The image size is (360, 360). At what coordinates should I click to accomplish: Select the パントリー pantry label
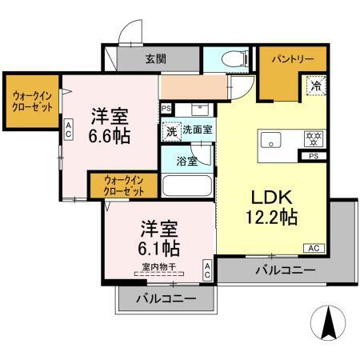pyautogui.click(x=291, y=59)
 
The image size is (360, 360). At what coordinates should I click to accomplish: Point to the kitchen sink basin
pyautogui.click(x=270, y=141)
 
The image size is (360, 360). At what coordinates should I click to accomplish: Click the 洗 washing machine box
pyautogui.click(x=170, y=130)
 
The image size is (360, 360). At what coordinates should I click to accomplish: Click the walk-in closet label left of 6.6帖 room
pyautogui.click(x=31, y=101)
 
